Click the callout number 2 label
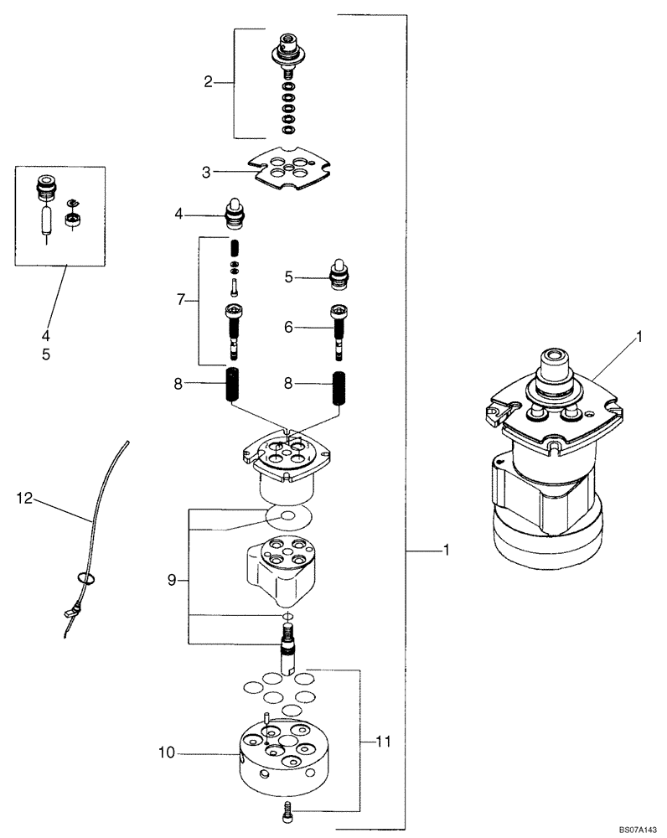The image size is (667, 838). (207, 82)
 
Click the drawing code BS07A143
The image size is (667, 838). (639, 829)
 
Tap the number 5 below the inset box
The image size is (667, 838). (46, 354)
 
